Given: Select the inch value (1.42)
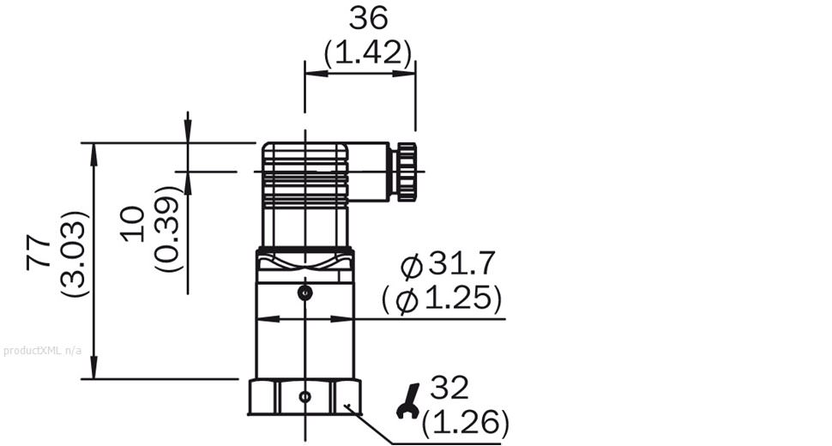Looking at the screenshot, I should [368, 53].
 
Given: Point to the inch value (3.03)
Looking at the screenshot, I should [75, 254].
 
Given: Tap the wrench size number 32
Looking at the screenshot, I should [449, 389].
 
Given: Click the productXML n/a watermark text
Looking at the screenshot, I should [42, 351].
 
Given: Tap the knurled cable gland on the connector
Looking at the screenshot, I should [404, 172].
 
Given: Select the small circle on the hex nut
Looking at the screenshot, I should [304, 397].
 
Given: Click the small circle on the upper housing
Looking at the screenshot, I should [304, 294].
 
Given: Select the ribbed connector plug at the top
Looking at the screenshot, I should [304, 176].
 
